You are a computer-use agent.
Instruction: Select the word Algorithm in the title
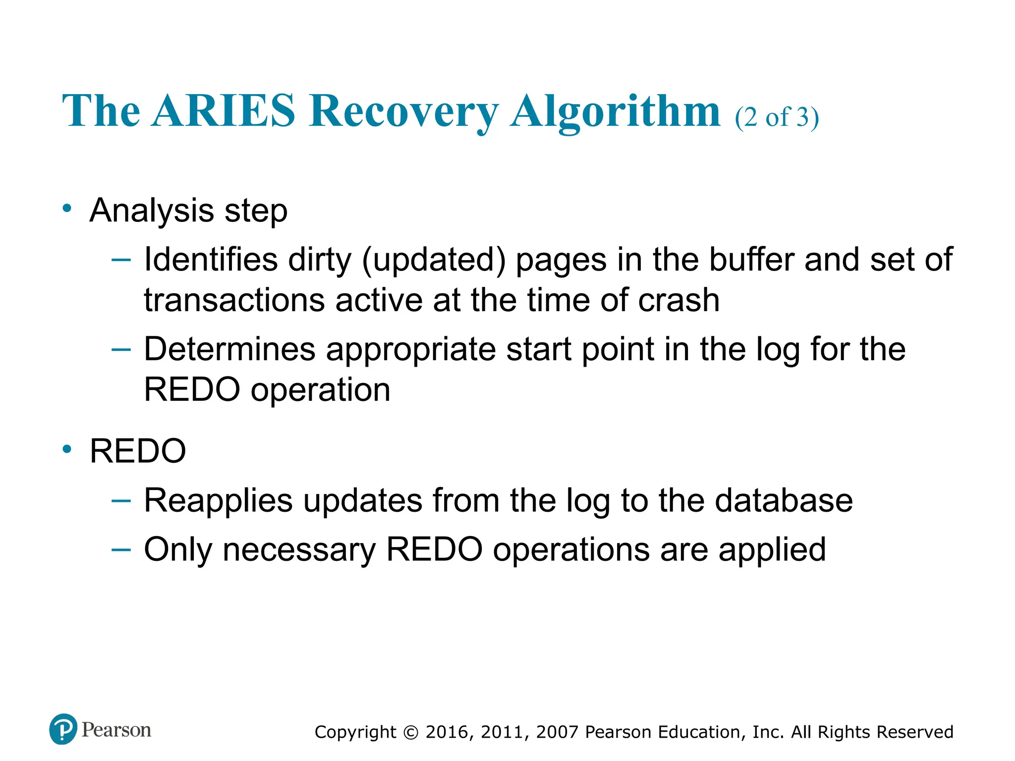pos(616,111)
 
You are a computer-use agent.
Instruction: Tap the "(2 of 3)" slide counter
pos(777,117)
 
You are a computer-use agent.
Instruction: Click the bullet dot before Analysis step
pos(67,209)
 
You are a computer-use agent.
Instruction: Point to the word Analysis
pos(152,211)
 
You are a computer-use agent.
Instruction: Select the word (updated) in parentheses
pos(434,261)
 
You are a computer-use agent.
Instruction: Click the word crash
pos(678,300)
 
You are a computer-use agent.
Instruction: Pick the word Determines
pos(229,349)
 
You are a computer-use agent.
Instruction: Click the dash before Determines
pos(121,349)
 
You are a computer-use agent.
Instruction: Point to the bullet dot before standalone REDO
pos(67,449)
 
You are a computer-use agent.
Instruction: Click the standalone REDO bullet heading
pos(138,451)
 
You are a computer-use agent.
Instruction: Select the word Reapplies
pos(218,501)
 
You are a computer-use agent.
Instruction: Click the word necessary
pos(299,549)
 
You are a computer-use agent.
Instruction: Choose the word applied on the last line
pos(772,550)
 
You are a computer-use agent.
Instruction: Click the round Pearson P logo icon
pos(63,729)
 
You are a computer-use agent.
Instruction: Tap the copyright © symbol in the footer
pos(411,732)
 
